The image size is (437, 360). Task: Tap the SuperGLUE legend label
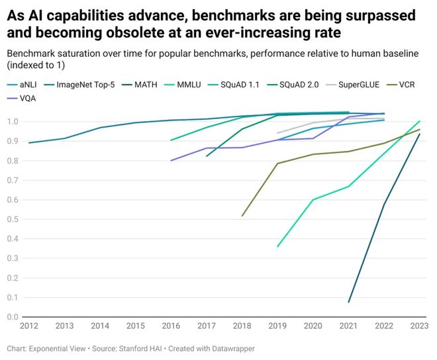pyautogui.click(x=358, y=85)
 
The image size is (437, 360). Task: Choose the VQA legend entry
pyautogui.click(x=28, y=98)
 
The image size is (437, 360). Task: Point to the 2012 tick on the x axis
pyautogui.click(x=28, y=325)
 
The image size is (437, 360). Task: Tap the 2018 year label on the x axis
pyautogui.click(x=242, y=325)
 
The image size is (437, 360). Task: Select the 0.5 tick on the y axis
pyautogui.click(x=13, y=220)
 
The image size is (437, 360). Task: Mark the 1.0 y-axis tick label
pyautogui.click(x=13, y=122)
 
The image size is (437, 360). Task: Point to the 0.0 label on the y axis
pyautogui.click(x=13, y=317)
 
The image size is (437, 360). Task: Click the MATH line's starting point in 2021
pyautogui.click(x=349, y=302)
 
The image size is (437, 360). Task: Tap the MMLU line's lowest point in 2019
pyautogui.click(x=277, y=247)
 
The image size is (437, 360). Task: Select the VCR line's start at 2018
pyautogui.click(x=242, y=216)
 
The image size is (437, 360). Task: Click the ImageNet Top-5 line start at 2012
pyautogui.click(x=29, y=142)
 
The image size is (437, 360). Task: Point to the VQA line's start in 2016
pyautogui.click(x=171, y=160)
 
